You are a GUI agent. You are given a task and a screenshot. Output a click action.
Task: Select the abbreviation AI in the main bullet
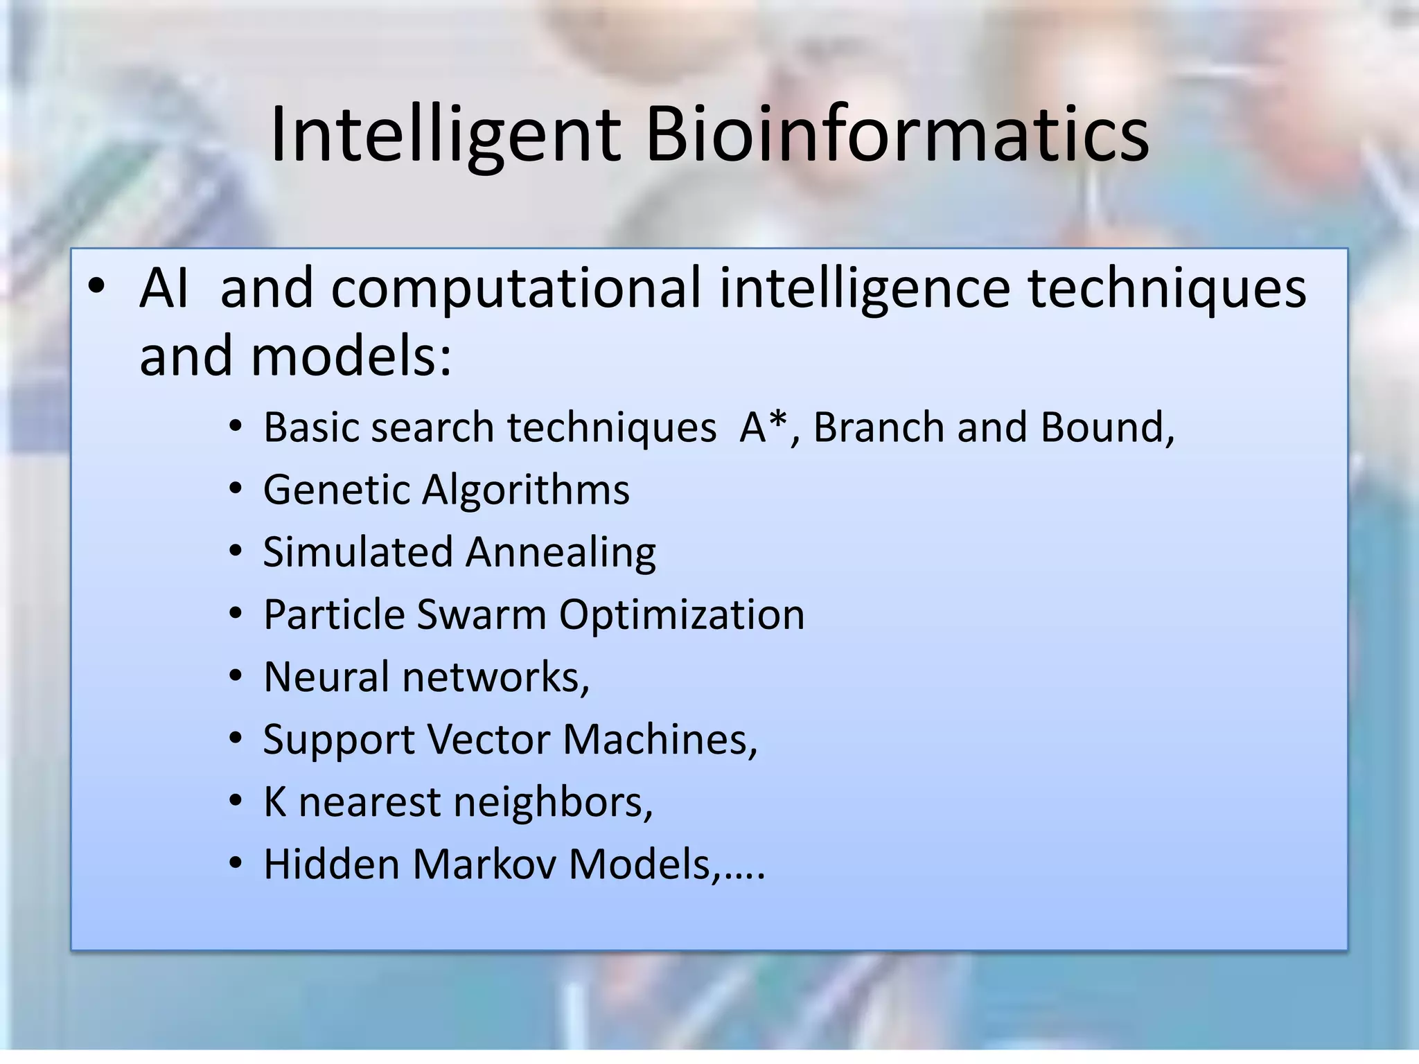164,288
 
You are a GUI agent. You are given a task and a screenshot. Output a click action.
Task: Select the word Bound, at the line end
1107,427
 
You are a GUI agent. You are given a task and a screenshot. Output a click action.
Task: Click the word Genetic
337,490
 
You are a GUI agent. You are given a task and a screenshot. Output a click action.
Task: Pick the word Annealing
561,552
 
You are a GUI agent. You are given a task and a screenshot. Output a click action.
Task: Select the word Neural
326,677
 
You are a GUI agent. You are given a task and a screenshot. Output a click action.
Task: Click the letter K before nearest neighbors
275,802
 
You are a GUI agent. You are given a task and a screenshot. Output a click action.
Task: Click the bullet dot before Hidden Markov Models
236,865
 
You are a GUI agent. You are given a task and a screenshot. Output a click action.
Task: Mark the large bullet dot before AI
96,287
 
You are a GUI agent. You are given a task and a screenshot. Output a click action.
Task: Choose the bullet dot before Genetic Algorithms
236,490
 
